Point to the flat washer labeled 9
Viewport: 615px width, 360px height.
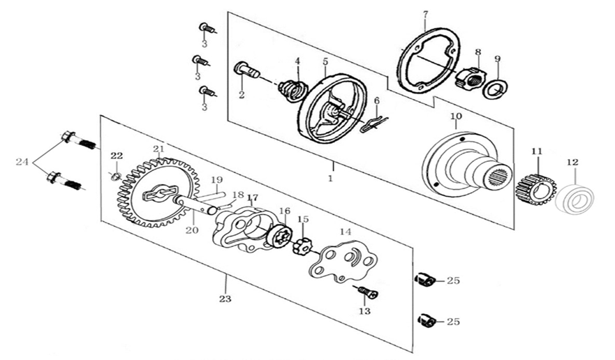pyautogui.click(x=497, y=88)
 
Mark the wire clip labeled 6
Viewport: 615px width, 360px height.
pyautogui.click(x=375, y=123)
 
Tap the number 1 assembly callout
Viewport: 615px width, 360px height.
pyautogui.click(x=330, y=178)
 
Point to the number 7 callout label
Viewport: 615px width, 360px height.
pyautogui.click(x=425, y=15)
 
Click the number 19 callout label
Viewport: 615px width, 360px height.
pyautogui.click(x=216, y=179)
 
